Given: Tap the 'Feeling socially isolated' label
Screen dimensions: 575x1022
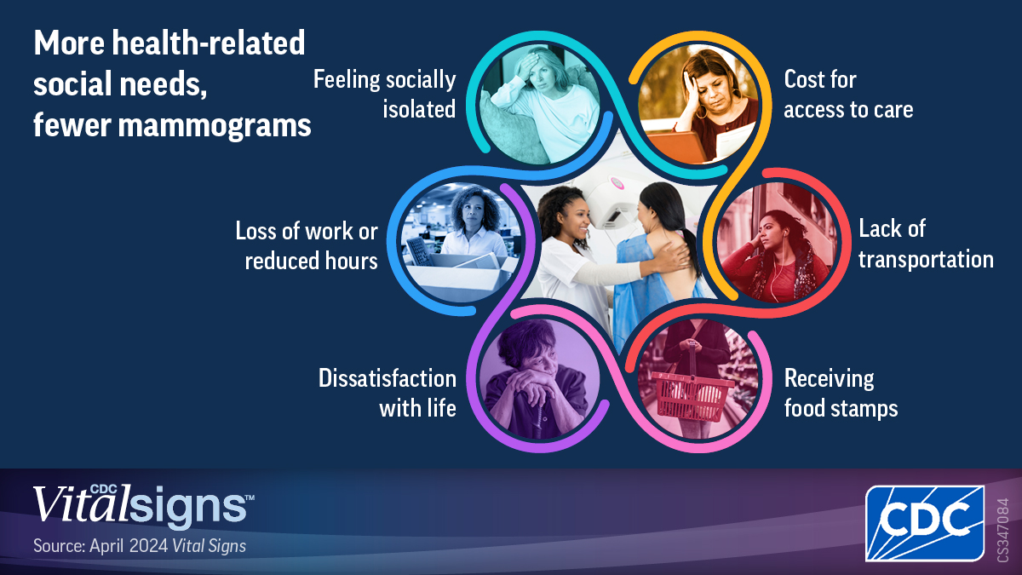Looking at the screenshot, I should [x=385, y=94].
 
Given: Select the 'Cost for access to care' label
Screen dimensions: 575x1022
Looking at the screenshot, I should [x=848, y=94].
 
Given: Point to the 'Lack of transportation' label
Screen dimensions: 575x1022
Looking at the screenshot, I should [x=925, y=243].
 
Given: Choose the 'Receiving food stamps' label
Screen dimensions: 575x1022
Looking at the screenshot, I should [x=841, y=393].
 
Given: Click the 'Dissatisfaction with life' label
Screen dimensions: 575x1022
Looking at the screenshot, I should [x=388, y=393].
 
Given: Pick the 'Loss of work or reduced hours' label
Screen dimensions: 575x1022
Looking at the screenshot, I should [x=307, y=245].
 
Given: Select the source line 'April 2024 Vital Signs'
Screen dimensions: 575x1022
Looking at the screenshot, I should [x=140, y=546].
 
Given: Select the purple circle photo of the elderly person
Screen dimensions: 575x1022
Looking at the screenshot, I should [x=539, y=379].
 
